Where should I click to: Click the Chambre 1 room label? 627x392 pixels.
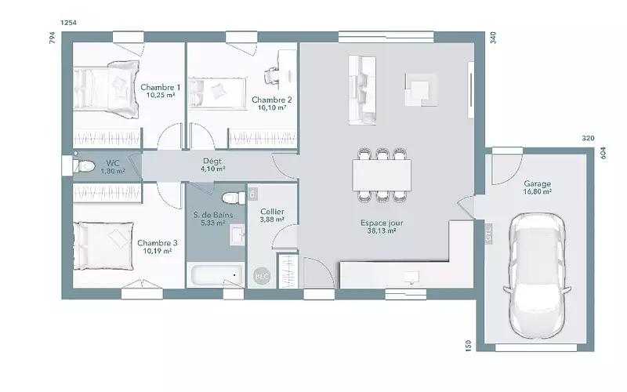coord(161,87)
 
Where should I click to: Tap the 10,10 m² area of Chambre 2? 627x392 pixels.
coord(271,107)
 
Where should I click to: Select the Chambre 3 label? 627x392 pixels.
coord(158,243)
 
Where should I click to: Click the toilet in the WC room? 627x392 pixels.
coord(84,165)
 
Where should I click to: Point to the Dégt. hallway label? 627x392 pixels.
coord(212,162)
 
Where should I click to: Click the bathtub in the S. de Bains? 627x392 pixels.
coord(217,275)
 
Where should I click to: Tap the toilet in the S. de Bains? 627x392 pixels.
coord(234,198)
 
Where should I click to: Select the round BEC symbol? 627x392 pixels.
coord(262,276)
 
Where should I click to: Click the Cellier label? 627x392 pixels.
coord(272,212)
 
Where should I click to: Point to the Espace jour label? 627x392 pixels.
coord(382,223)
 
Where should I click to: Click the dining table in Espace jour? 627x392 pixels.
coord(382,175)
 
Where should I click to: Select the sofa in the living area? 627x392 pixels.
coord(362,90)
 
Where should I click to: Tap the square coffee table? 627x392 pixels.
coord(421,89)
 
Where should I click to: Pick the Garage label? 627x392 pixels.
coord(538,183)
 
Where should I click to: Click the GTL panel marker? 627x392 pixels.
coord(488,233)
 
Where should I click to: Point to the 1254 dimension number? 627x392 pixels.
coord(68,23)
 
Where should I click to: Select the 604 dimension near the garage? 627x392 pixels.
coord(603,153)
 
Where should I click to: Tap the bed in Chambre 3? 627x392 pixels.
coord(103,246)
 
